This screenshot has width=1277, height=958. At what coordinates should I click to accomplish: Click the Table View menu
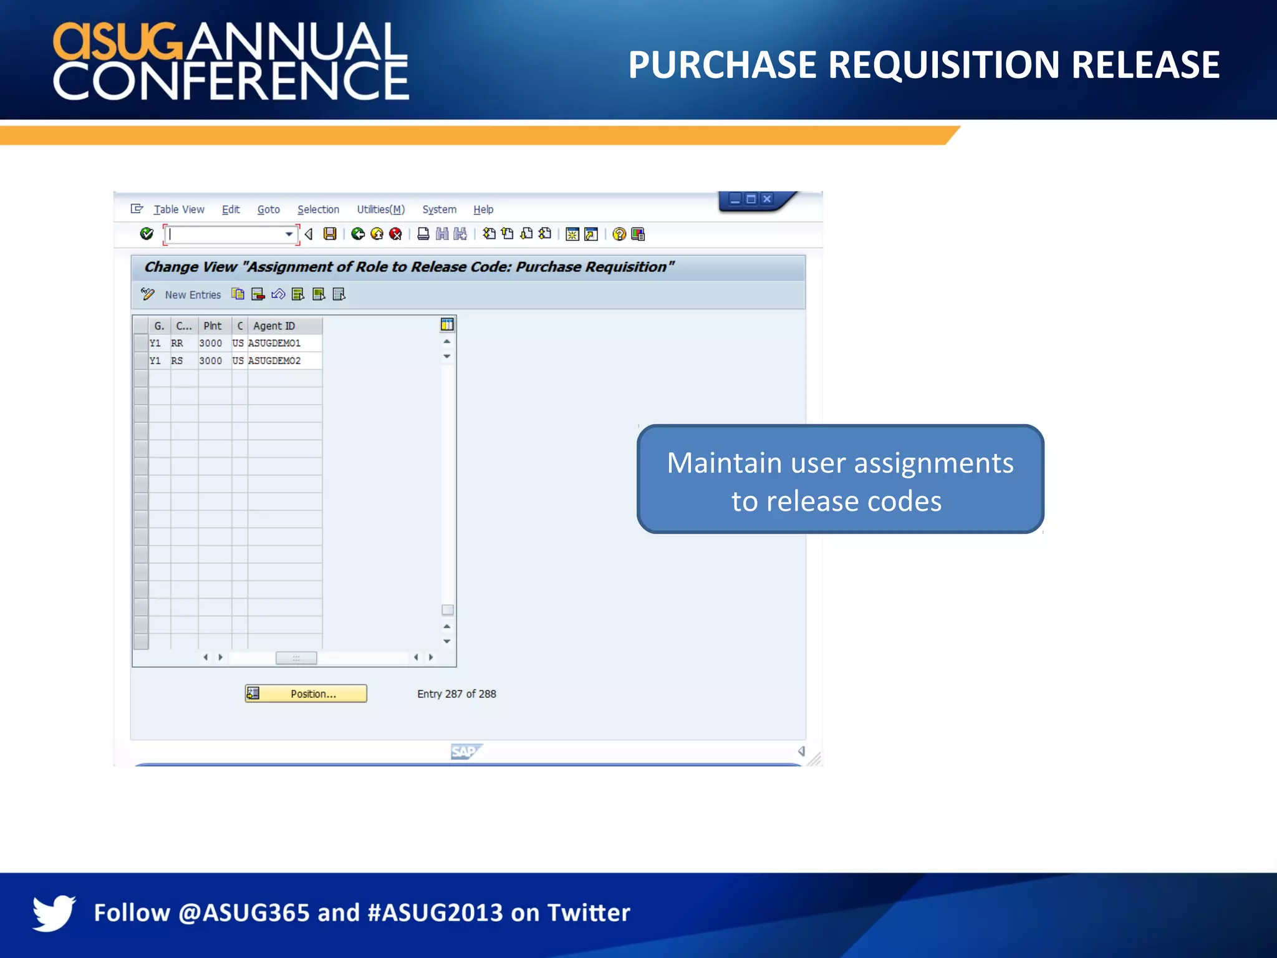178,210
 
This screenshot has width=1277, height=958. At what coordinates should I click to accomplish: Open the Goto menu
268,210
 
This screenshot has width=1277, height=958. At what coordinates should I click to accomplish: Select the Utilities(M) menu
380,210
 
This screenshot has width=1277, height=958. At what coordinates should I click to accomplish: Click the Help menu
483,210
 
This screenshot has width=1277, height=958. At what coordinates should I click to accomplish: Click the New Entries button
193,295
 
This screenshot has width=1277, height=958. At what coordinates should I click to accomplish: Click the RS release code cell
177,360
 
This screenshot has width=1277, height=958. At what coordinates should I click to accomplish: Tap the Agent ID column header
274,326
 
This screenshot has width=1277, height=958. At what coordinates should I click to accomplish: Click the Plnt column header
212,326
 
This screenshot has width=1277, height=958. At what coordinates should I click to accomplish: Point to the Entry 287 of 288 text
456,694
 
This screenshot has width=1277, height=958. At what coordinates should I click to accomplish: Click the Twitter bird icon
54,912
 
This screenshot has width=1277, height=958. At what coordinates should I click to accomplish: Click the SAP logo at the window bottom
465,752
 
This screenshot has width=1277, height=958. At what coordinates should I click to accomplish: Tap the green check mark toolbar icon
147,234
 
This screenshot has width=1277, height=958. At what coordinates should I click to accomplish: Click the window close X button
767,199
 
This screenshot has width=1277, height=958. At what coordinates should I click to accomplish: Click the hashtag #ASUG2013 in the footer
435,912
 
